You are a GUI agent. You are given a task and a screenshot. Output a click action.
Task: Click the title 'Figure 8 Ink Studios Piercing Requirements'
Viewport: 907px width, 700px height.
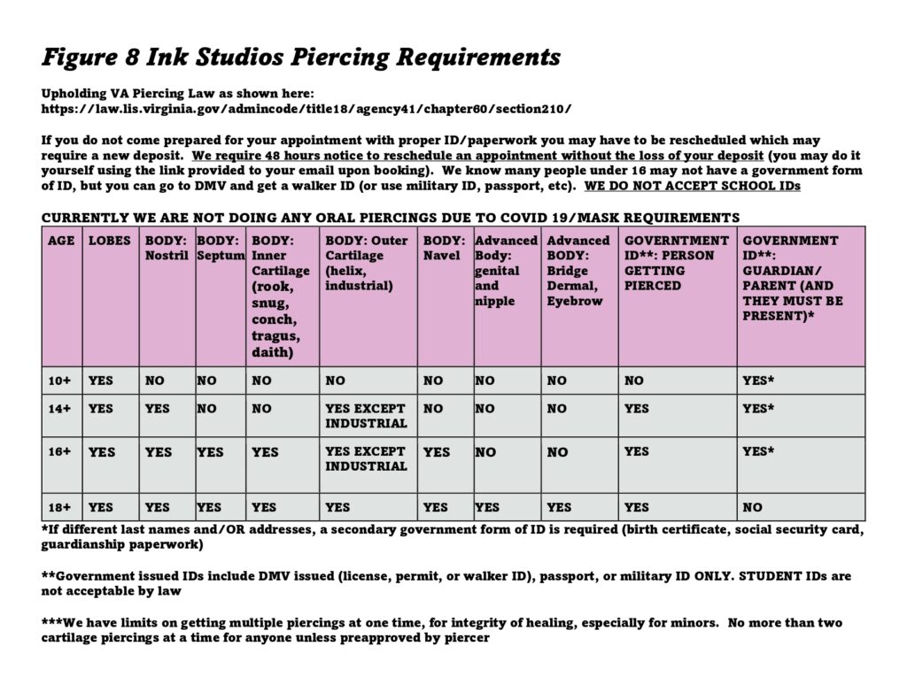tap(301, 58)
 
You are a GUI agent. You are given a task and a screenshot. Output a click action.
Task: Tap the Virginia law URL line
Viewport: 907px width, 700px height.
tap(306, 109)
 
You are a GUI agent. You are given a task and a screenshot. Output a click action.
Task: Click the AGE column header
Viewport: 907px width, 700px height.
tap(61, 241)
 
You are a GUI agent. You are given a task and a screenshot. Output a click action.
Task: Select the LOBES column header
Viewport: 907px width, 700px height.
tap(109, 241)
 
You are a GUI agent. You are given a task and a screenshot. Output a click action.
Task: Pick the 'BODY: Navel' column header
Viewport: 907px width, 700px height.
tap(444, 248)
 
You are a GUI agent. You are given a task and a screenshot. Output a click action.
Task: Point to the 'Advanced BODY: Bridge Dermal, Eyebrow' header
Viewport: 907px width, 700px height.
tap(579, 270)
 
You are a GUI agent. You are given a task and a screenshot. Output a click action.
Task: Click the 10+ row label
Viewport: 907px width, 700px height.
tap(60, 381)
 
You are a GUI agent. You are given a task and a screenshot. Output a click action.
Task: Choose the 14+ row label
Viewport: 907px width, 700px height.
tap(60, 409)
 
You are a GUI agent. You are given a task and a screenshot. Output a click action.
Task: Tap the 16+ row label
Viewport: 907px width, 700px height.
tap(60, 452)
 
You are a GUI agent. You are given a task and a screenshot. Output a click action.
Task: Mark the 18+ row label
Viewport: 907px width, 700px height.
tap(60, 507)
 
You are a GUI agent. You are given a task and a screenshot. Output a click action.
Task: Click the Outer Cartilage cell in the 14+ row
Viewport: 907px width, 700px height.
tap(366, 416)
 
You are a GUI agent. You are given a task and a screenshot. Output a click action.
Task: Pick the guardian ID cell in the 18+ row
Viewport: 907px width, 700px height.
tap(753, 507)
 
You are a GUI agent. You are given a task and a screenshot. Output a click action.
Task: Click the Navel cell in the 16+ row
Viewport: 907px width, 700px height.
tap(437, 452)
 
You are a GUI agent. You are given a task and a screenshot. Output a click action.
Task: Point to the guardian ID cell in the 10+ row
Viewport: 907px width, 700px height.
tap(758, 381)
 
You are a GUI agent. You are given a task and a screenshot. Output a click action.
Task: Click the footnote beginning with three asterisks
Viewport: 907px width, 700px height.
tap(441, 629)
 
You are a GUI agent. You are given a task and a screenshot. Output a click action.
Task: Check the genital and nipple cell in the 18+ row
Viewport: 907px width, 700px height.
tap(488, 507)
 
